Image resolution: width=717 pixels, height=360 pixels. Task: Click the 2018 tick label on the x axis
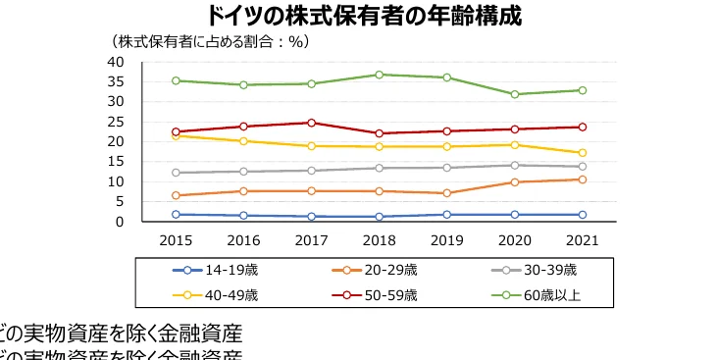pos(379,240)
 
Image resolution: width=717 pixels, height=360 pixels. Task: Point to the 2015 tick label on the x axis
pos(176,240)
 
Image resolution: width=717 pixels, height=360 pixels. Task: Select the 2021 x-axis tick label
pos(582,240)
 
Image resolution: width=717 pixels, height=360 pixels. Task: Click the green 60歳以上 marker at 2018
pos(379,75)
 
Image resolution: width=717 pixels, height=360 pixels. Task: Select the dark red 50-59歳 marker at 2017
pos(311,123)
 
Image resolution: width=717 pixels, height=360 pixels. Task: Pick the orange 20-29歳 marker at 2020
pos(514,182)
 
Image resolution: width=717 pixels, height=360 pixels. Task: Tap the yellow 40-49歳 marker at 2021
pos(582,153)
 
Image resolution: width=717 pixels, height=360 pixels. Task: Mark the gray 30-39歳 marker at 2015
pos(176,173)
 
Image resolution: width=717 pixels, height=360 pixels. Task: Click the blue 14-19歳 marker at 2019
pos(446,215)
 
